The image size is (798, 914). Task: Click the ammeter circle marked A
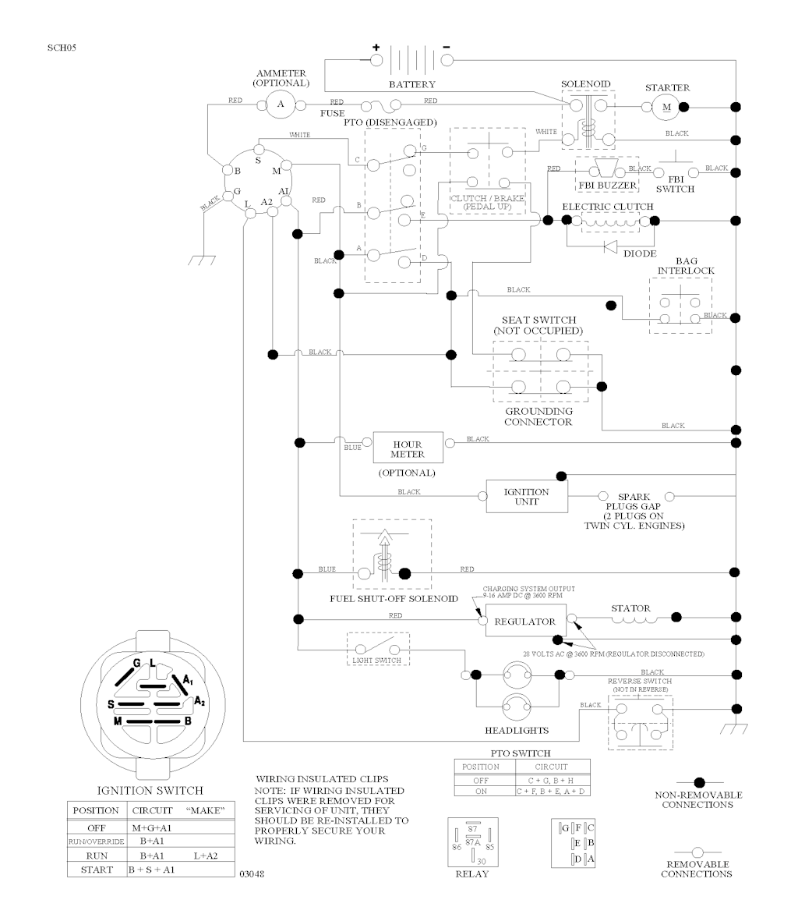pos(280,104)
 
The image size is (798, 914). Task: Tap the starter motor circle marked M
pos(666,106)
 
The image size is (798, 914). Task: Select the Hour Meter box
pos(408,449)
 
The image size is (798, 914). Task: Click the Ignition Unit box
pos(527,497)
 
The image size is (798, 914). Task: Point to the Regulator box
pos(526,622)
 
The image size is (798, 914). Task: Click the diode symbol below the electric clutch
pos(610,247)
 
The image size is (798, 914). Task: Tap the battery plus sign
pos(376,47)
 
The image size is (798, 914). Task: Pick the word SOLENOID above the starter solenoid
pos(586,83)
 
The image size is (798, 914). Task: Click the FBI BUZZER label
pos(607,185)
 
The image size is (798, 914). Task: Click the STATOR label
pos(630,608)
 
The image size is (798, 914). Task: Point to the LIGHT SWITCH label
pos(377,661)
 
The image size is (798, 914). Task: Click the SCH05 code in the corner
pos(62,48)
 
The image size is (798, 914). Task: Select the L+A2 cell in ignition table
pos(206,856)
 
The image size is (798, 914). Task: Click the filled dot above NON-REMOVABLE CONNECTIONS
pos(699,781)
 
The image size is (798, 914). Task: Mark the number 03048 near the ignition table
pos(252,875)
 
